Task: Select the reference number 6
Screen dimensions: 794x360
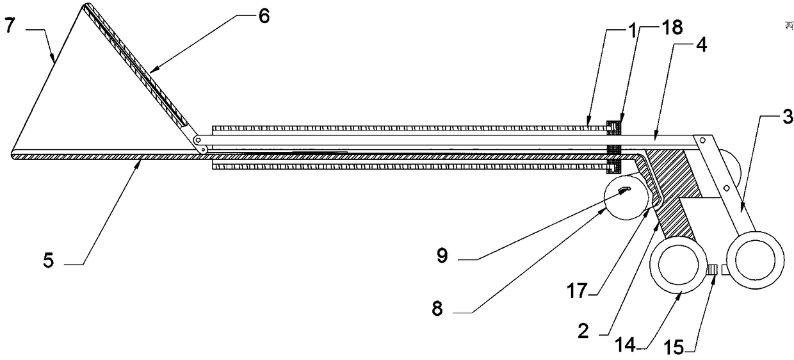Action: tap(264, 16)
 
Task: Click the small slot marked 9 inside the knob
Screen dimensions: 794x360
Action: tap(624, 189)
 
